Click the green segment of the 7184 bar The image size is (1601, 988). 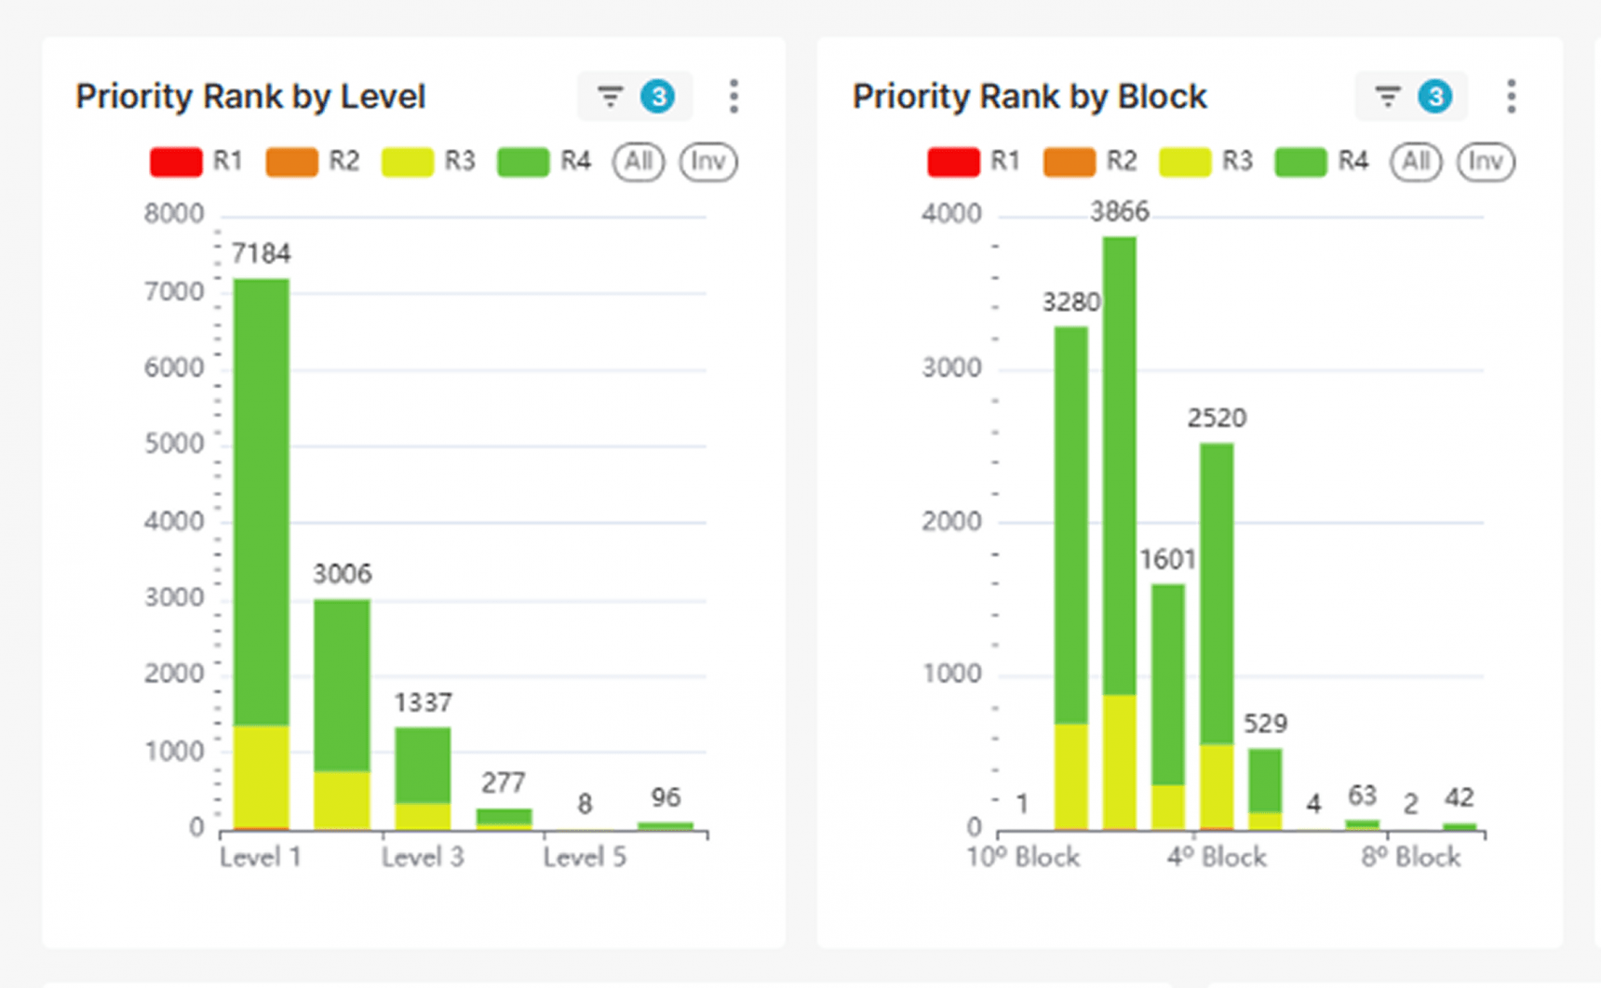pos(262,502)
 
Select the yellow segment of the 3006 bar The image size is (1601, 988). pos(342,800)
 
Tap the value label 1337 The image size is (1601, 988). pos(423,702)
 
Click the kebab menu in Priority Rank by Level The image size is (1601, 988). pos(733,97)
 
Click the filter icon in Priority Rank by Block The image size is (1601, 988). pos(1387,97)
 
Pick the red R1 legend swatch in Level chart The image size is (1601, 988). pos(176,162)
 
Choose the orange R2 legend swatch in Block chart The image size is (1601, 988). pos(1069,162)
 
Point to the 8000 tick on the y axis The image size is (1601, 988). pos(173,214)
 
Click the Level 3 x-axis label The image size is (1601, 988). pos(423,857)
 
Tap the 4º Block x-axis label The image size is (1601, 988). pos(1217,857)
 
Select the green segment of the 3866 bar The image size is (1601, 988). pos(1120,465)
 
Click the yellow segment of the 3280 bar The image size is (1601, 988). pos(1071,777)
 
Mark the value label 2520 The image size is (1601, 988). pos(1217,418)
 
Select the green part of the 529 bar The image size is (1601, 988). pos(1265,780)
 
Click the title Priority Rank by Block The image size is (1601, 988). pos(1029,97)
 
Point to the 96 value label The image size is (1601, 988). pos(666,797)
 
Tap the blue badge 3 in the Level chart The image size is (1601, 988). pos(658,97)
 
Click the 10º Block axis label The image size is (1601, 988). pos(1023,857)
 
